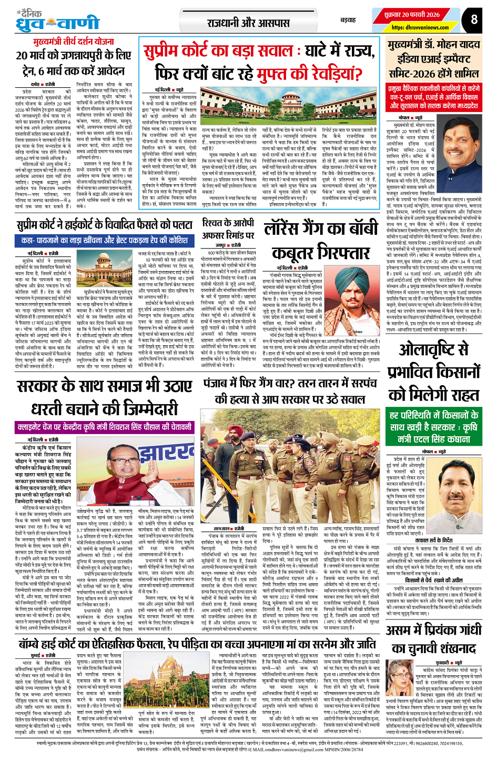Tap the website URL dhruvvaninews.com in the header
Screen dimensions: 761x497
pos(420,27)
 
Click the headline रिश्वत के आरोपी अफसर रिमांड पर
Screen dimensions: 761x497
pos(228,229)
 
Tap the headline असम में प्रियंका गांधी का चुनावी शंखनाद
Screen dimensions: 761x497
pos(433,638)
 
